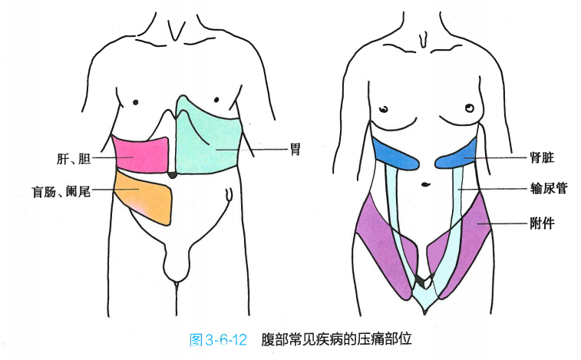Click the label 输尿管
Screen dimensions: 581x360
point(548,188)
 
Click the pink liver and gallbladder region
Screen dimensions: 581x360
point(140,154)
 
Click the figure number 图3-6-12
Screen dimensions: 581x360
point(217,339)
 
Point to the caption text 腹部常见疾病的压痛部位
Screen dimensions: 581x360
point(341,339)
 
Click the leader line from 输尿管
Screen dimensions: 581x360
point(491,189)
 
